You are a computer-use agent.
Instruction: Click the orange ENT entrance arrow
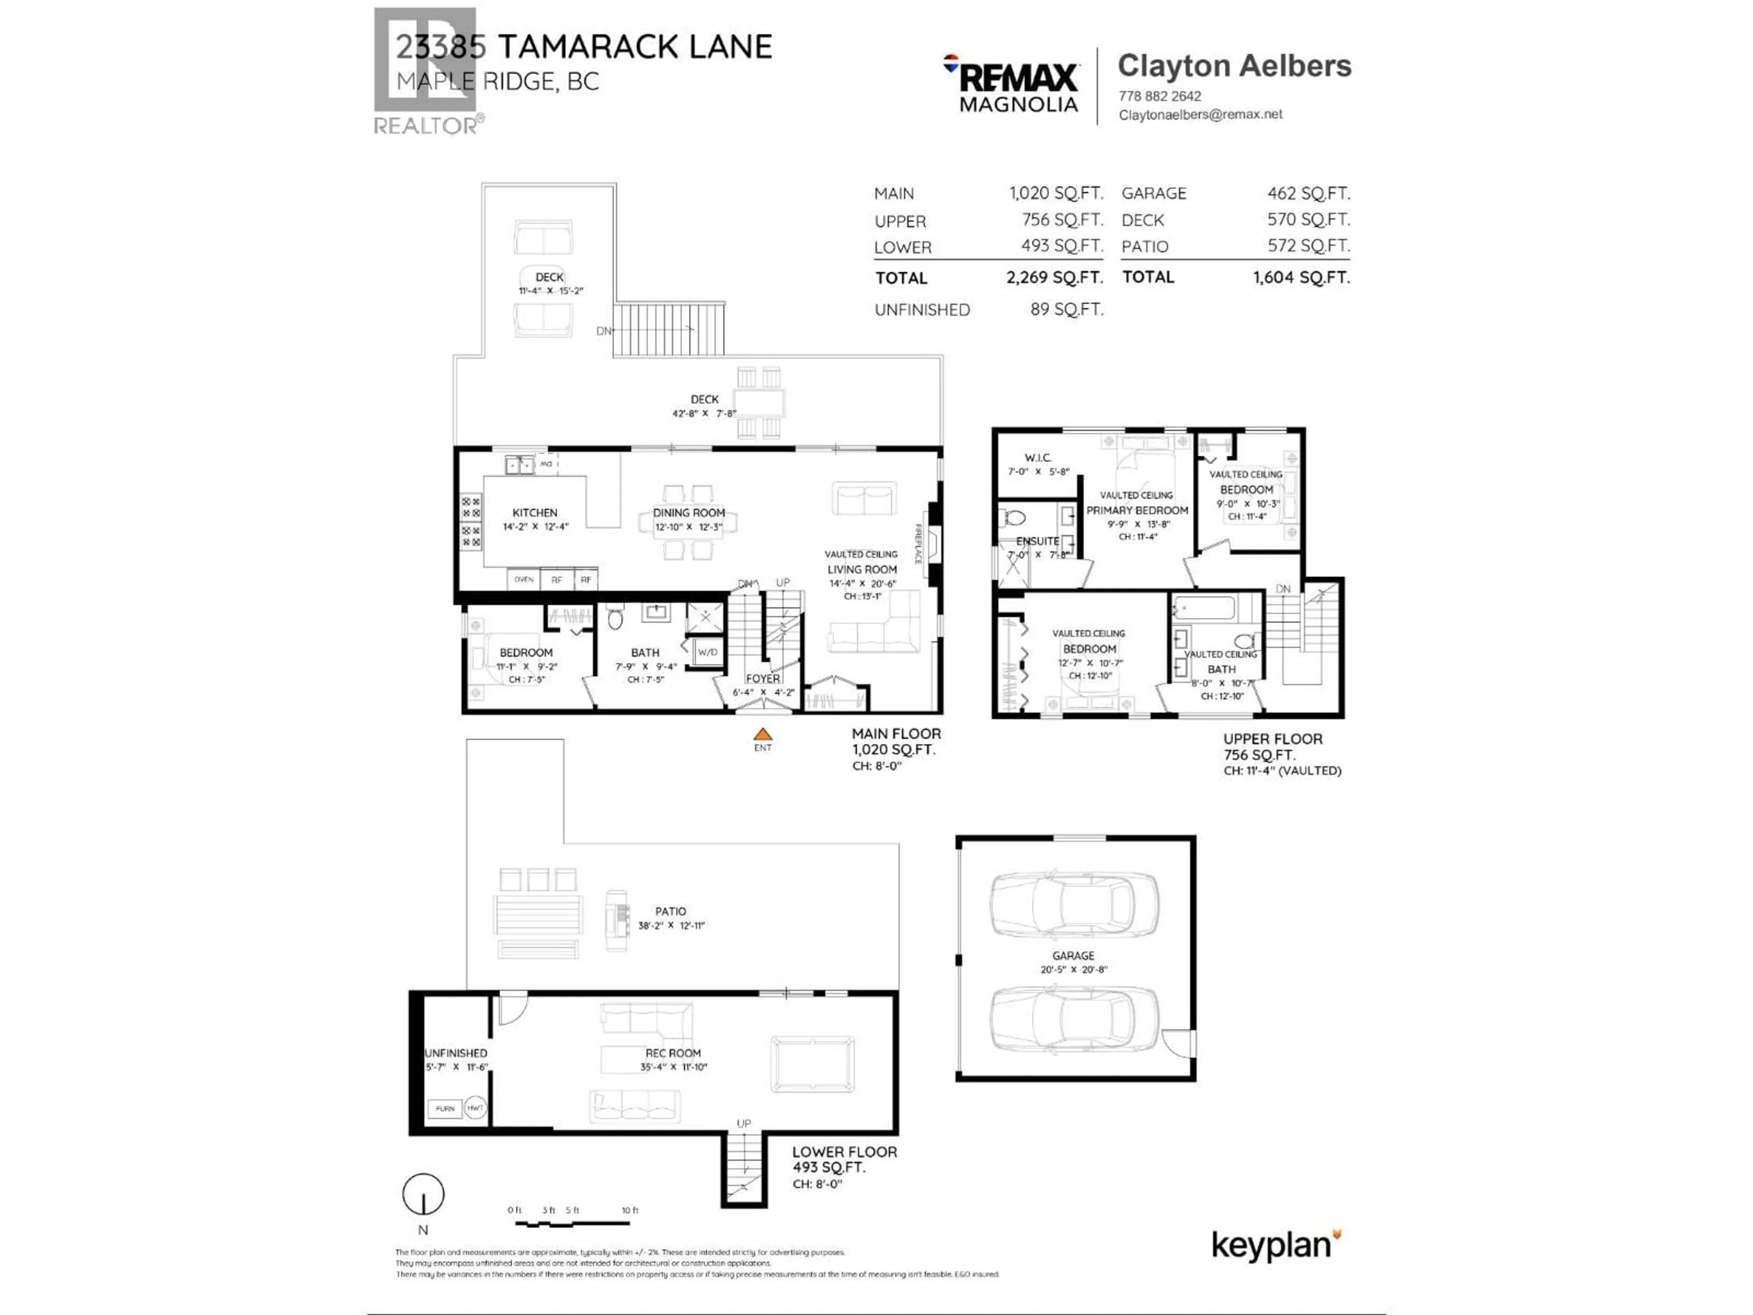pos(762,735)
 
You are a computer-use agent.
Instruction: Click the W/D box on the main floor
pos(707,652)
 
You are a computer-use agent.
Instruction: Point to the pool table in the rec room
pos(812,1064)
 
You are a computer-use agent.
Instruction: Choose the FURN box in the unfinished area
pos(445,1108)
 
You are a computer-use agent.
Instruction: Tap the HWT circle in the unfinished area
pos(476,1108)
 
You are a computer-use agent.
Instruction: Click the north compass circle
pos(423,1194)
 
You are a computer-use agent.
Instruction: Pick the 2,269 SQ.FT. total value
pos(1054,278)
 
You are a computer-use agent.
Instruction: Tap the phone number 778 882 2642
pos(1160,96)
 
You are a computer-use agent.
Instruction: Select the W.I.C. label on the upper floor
pos(1037,458)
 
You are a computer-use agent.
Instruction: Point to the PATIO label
pos(671,911)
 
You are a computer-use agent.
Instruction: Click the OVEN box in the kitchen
pos(523,579)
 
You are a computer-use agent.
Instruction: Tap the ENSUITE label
pos(1037,541)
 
